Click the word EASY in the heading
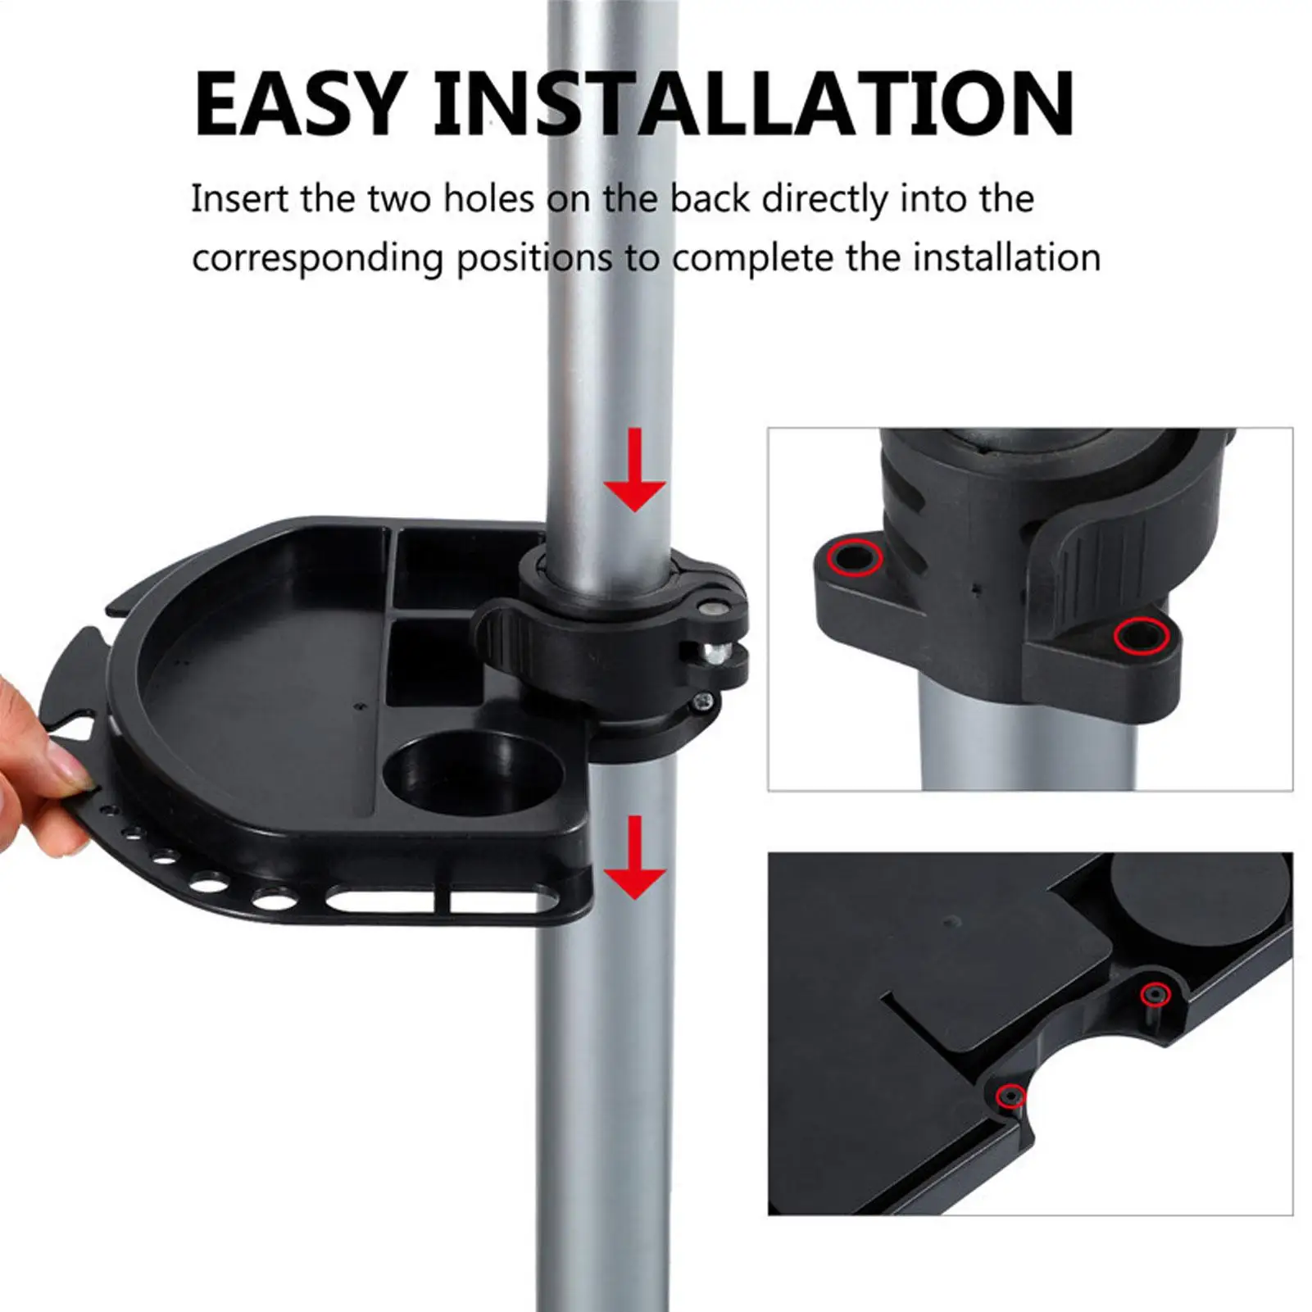point(300,104)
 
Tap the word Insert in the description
point(239,199)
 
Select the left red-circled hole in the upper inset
point(856,558)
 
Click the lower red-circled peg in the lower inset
point(1009,1096)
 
